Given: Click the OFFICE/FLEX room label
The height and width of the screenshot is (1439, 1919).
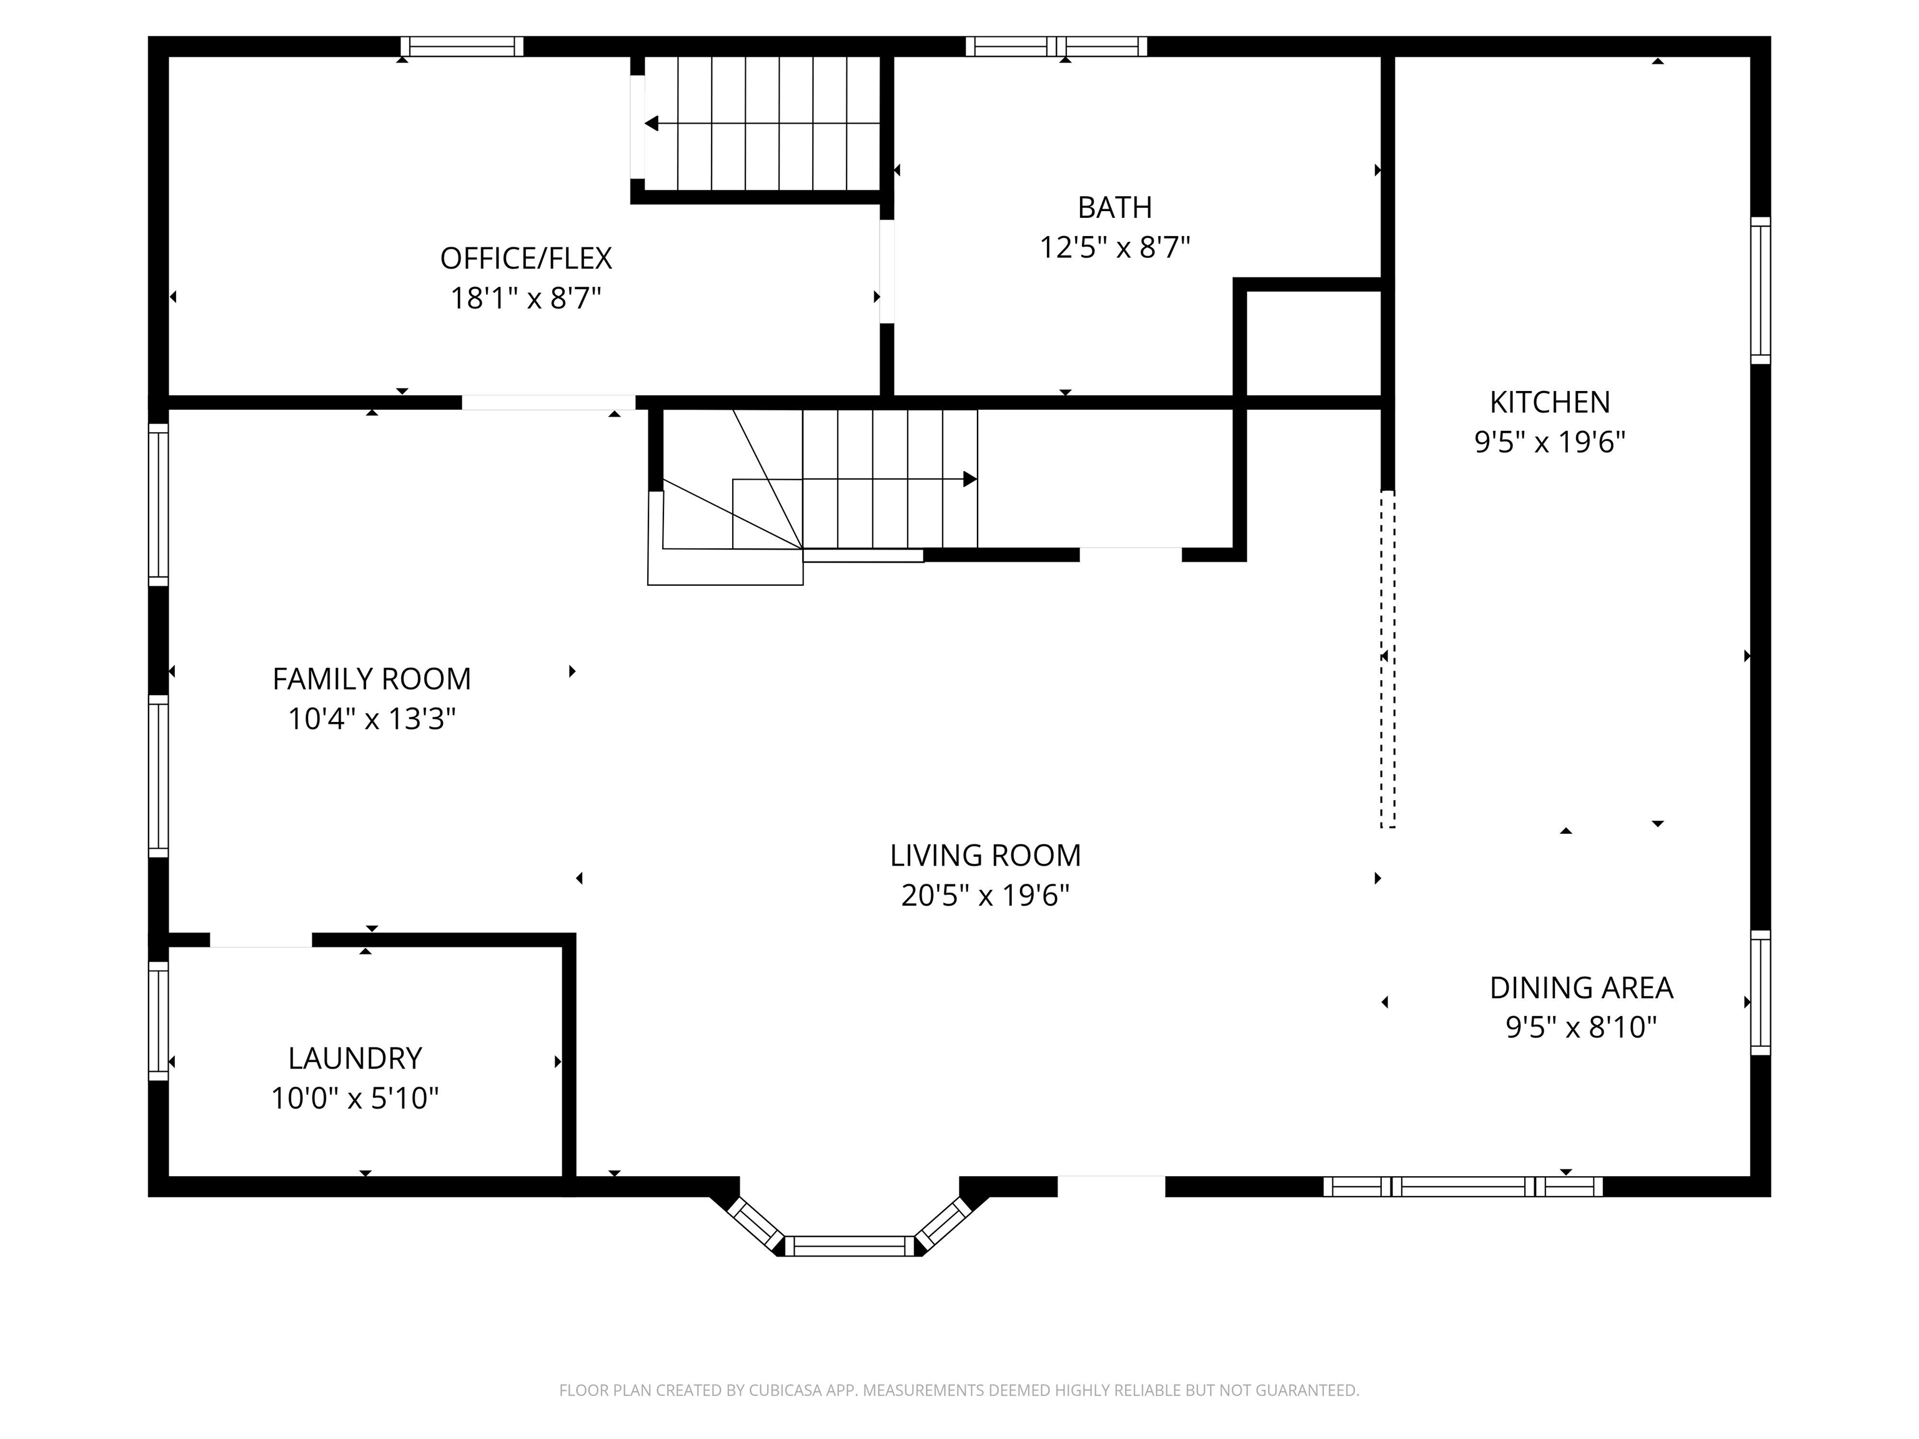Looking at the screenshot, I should [x=526, y=259].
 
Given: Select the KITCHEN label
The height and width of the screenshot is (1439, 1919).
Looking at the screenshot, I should [x=1549, y=402].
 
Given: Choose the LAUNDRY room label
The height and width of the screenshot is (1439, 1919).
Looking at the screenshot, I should [x=355, y=1058].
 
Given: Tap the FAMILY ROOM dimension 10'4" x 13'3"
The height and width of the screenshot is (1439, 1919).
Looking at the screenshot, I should [x=371, y=719].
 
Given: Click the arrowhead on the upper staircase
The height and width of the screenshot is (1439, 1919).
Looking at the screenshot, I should [x=652, y=124].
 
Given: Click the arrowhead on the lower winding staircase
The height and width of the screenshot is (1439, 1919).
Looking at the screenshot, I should [x=970, y=479].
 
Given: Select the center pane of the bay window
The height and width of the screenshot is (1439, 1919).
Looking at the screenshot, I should [x=850, y=1245].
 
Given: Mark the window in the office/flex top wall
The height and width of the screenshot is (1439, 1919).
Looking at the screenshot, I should [x=462, y=46].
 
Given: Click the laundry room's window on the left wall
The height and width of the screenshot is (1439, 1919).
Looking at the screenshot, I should [x=158, y=1020].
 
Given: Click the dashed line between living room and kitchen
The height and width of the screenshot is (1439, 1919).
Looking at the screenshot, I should [x=1387, y=659].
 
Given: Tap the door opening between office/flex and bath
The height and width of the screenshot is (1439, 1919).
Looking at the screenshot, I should [x=886, y=272].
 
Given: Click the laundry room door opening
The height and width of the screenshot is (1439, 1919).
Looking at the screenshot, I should [x=260, y=940].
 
